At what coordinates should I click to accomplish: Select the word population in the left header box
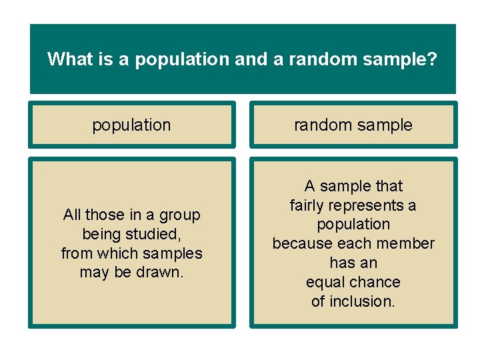click(x=131, y=125)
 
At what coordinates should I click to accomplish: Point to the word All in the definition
click(x=71, y=215)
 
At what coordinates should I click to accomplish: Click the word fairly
click(x=309, y=205)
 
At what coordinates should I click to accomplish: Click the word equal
click(x=325, y=282)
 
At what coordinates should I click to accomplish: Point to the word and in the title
click(x=250, y=59)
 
